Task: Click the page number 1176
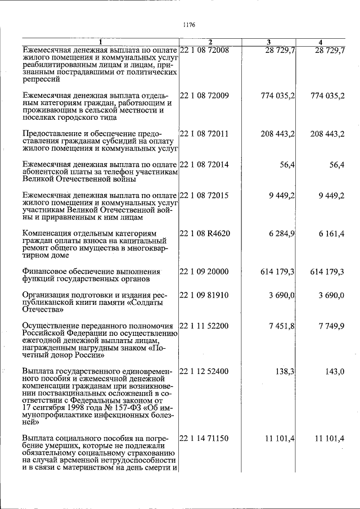[188, 24]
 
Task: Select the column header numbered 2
[210, 43]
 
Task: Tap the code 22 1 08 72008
[204, 50]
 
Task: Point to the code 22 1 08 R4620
[205, 233]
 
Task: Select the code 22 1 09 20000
[204, 271]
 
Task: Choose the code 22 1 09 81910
[204, 294]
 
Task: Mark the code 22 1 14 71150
[204, 438]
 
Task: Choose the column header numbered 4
[320, 43]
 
